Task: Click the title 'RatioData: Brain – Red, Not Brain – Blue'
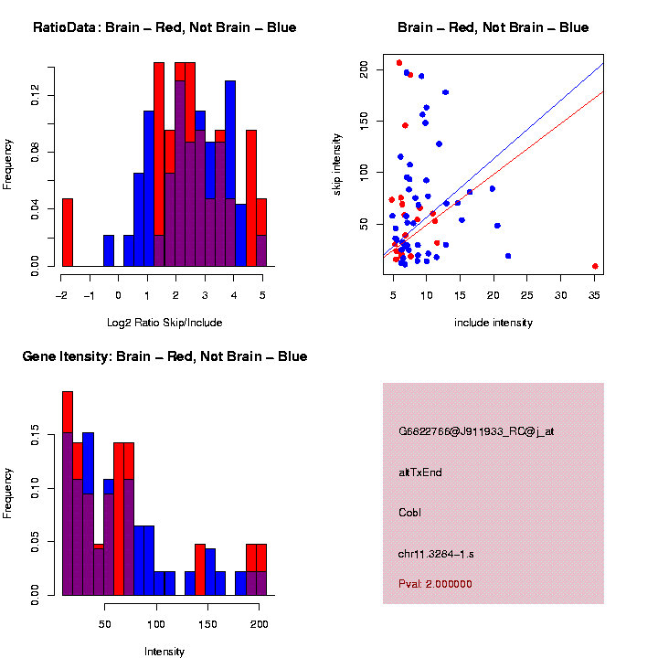(x=164, y=27)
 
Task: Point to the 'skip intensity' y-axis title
(x=337, y=162)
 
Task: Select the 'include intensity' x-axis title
(x=493, y=323)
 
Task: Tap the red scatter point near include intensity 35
(x=595, y=266)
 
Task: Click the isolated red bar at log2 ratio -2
(x=67, y=232)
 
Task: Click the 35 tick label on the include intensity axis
(x=595, y=295)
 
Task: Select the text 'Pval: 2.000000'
(x=435, y=583)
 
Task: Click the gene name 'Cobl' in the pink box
(x=409, y=512)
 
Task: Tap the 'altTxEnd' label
(x=420, y=472)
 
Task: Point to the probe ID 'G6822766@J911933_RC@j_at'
(x=476, y=431)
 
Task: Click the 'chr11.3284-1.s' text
(x=436, y=554)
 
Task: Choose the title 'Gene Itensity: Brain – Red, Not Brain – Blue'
(x=164, y=356)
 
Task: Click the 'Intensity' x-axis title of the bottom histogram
(x=164, y=652)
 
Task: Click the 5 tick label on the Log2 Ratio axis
(x=262, y=295)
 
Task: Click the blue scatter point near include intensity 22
(x=508, y=256)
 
